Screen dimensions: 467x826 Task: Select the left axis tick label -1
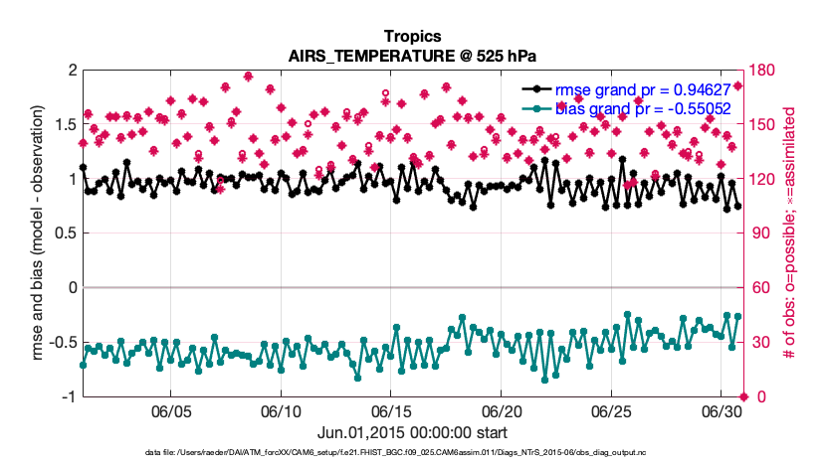point(68,397)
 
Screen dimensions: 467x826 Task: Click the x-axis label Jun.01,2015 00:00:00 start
point(412,433)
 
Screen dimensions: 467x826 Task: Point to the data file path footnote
point(412,453)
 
